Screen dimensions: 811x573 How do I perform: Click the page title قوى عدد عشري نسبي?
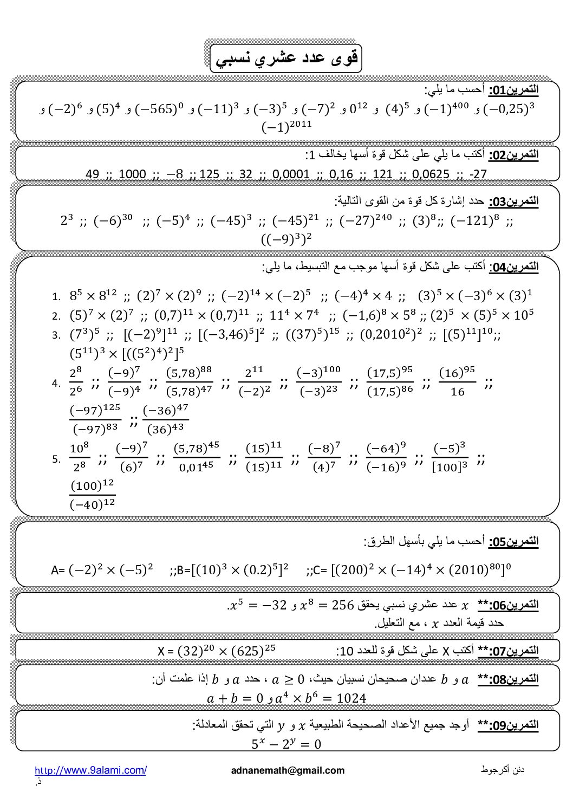(285, 59)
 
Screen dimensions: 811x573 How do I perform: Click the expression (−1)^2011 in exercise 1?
(287, 126)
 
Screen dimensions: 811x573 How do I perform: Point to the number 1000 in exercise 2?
(132, 174)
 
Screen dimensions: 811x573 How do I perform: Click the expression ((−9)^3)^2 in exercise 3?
(287, 238)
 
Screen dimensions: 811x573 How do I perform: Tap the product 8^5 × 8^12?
(93, 296)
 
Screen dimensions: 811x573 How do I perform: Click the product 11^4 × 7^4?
(294, 315)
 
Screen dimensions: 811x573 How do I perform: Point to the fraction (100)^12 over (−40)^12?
(93, 496)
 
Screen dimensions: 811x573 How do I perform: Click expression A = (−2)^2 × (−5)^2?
(102, 570)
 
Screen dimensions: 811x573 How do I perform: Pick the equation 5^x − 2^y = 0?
(286, 744)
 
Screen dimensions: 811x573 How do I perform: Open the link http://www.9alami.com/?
(90, 770)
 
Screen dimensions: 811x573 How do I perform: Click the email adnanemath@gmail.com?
(287, 770)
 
